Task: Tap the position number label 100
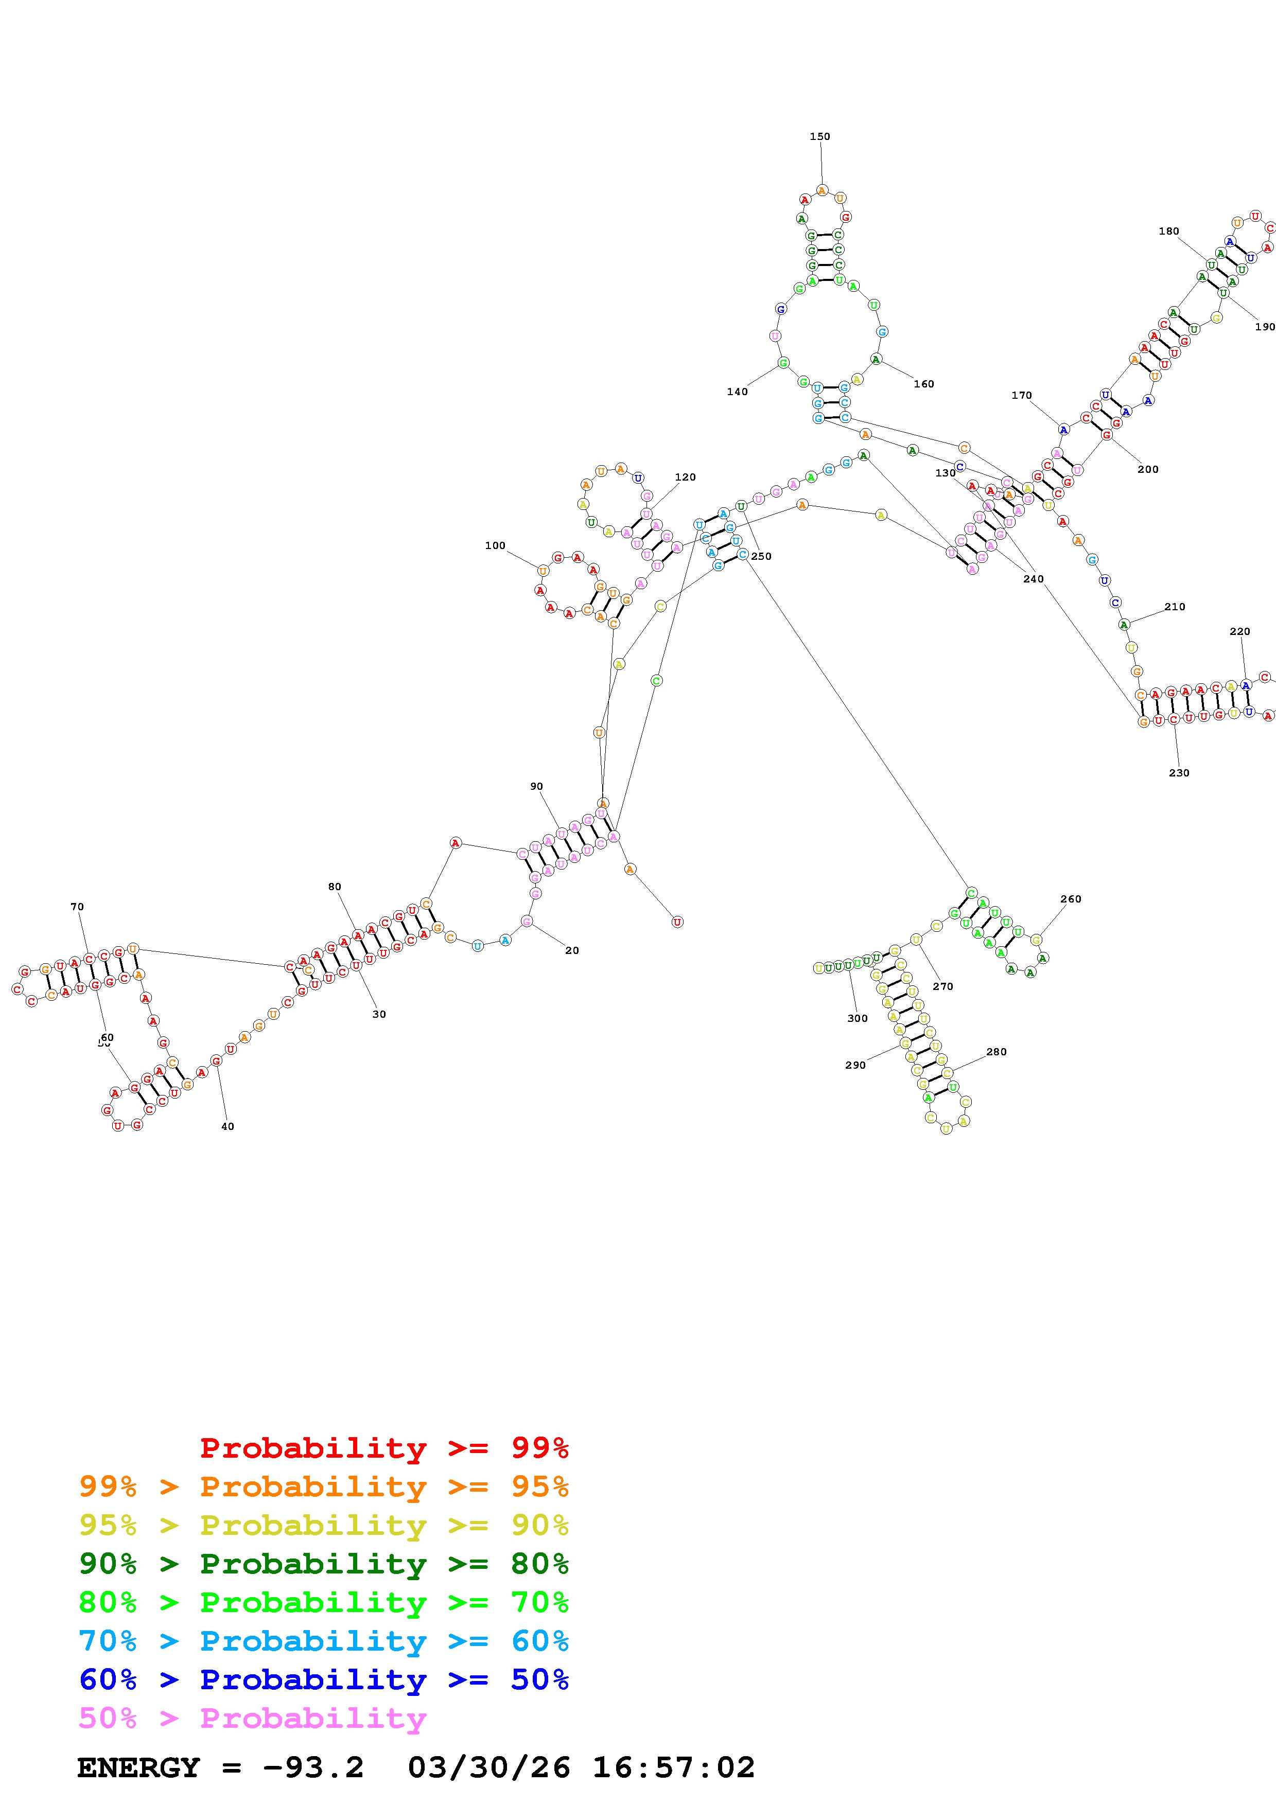pyautogui.click(x=495, y=545)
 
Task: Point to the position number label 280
pyautogui.click(x=996, y=1052)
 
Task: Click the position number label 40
pyautogui.click(x=227, y=1126)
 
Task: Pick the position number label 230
pyautogui.click(x=1179, y=773)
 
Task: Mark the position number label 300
pyautogui.click(x=857, y=1019)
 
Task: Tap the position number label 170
pyautogui.click(x=1021, y=396)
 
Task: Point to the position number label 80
pyautogui.click(x=335, y=887)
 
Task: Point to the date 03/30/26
pyautogui.click(x=488, y=1768)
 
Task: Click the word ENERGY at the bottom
pyautogui.click(x=138, y=1768)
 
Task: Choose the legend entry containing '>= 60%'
pyautogui.click(x=323, y=1641)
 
